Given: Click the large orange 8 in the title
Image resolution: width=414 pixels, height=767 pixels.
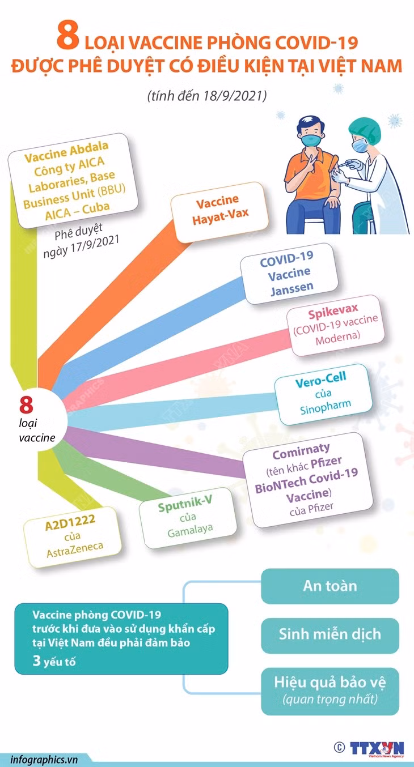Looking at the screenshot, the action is click(68, 36).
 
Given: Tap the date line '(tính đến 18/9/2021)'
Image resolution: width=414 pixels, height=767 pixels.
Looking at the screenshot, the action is click(207, 96).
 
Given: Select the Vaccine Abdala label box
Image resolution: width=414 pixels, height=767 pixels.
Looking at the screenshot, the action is click(73, 181).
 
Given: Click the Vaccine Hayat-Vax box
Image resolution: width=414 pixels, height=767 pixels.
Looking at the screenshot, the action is click(220, 212).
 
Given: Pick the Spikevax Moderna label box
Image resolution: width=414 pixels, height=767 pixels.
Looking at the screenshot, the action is click(336, 326).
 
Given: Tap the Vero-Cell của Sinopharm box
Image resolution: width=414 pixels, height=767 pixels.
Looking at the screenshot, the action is click(323, 394).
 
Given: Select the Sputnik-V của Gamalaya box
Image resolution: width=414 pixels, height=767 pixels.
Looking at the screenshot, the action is click(188, 518).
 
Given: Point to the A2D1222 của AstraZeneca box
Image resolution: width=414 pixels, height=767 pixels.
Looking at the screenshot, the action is click(73, 537).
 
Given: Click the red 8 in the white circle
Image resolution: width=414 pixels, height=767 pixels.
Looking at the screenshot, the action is click(26, 404).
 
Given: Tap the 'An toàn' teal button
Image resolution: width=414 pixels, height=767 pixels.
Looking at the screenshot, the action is click(330, 586).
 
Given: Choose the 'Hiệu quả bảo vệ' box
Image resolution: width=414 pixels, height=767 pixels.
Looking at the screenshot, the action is click(330, 691).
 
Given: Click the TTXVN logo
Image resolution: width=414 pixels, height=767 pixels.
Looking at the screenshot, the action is click(377, 748).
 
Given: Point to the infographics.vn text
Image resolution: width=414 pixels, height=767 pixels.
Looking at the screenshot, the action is click(44, 760).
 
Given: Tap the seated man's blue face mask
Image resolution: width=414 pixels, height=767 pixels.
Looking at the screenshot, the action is click(311, 140).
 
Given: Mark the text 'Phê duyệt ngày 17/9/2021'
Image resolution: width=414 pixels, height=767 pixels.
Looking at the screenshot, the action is click(81, 241).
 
